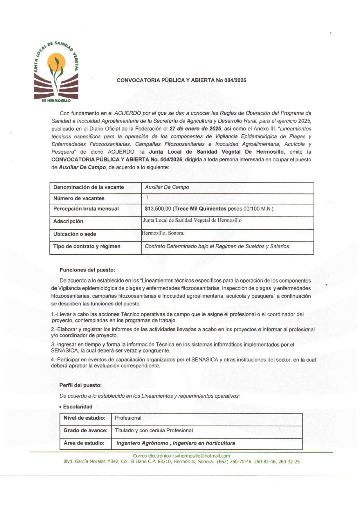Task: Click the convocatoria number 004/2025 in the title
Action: [235, 80]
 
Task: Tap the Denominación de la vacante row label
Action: [89, 187]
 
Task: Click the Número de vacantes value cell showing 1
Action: [147, 197]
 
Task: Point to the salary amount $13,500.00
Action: [158, 209]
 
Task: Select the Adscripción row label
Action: [68, 221]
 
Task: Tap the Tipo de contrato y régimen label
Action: [87, 247]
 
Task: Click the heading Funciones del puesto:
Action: [87, 270]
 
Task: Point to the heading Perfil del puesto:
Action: [80, 385]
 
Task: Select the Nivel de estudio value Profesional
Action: [128, 418]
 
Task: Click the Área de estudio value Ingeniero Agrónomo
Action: [142, 443]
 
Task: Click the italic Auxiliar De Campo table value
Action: [167, 187]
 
